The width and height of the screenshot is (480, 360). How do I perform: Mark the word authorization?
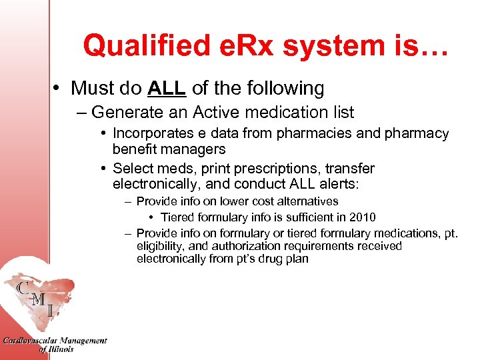[231, 246]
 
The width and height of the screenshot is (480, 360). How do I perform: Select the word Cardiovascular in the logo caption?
[34, 341]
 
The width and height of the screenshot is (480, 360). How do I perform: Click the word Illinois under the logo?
[62, 349]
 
